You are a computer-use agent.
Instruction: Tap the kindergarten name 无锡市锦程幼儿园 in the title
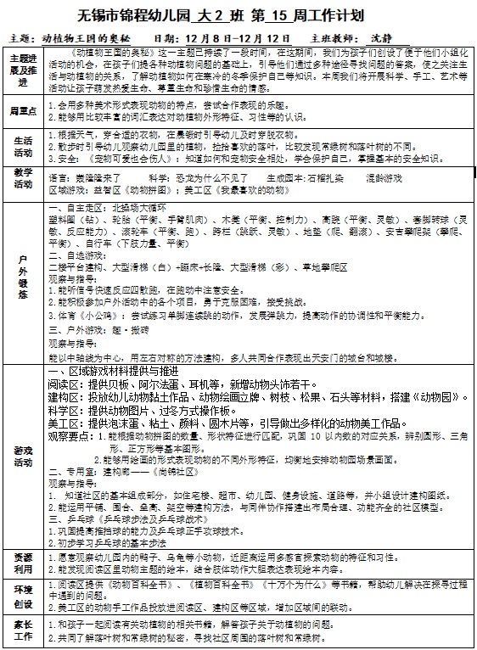click(x=132, y=15)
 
